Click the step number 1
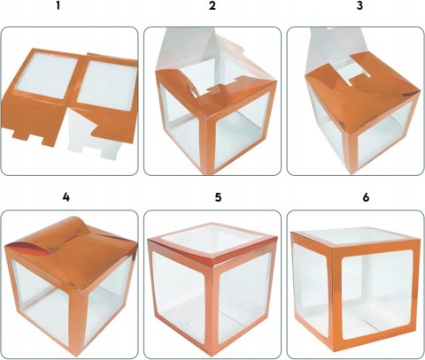pos(58,5)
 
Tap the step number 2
pos(212,5)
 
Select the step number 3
pos(359,5)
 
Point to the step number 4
pos(66,197)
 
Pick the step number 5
pos(218,197)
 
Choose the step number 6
pos(366,197)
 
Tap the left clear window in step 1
pos(47,76)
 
